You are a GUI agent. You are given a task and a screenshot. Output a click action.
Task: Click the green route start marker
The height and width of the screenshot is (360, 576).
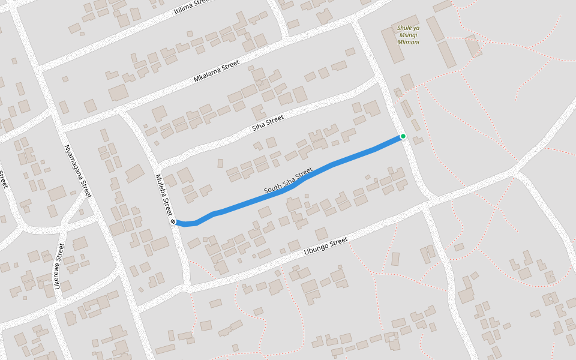pos(403,136)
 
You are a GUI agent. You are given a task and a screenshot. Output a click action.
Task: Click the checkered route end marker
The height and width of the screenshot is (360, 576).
pos(173,221)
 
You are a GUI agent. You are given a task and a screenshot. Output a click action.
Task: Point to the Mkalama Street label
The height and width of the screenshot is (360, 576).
pos(217,71)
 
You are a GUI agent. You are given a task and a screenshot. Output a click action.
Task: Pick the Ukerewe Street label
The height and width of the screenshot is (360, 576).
pos(58,266)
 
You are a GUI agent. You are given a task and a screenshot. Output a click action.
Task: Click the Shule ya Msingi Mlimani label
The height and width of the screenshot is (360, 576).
pos(408,35)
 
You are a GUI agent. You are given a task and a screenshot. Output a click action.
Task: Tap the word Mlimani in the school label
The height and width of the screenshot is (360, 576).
pos(408,43)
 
